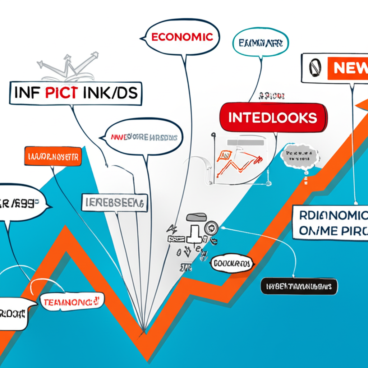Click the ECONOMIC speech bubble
[181, 37]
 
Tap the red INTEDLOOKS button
[273, 118]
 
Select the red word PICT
[61, 92]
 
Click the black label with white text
[299, 286]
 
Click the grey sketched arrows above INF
[68, 66]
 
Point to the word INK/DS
[110, 92]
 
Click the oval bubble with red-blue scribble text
[144, 137]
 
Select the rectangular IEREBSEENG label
[114, 203]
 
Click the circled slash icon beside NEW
[314, 68]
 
